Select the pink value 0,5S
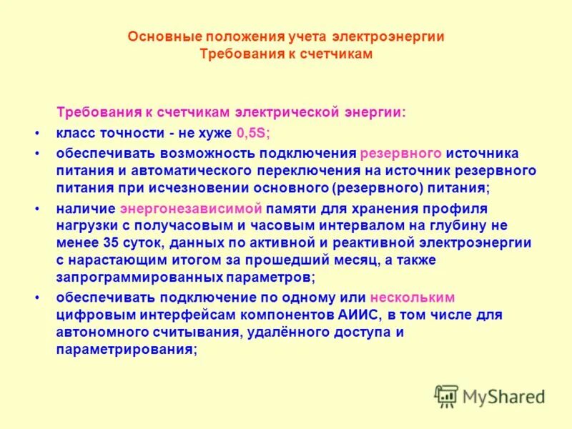252,132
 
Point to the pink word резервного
400,154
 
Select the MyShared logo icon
446,395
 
